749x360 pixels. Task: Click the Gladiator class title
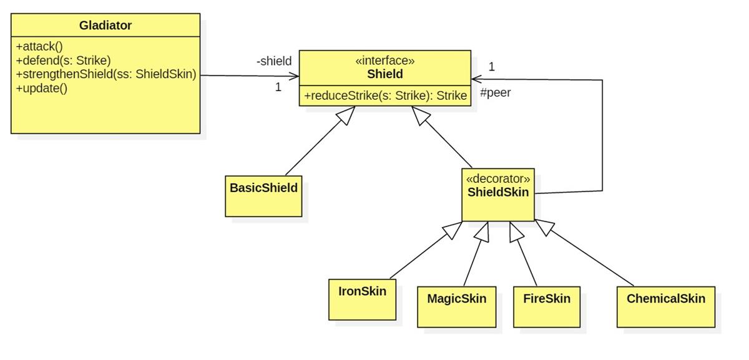105,26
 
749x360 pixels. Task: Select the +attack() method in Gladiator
39,47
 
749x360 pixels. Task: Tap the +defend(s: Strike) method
63,61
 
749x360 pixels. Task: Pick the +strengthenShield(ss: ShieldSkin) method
106,74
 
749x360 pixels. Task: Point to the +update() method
42,88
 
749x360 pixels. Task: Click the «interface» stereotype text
384,61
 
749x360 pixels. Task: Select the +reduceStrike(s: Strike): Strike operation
385,95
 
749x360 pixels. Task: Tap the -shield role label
273,61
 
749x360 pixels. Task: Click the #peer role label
495,93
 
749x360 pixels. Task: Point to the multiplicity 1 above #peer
492,67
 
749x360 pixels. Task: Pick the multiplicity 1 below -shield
278,87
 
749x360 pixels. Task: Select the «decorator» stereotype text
498,178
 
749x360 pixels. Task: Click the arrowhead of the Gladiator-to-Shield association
295,76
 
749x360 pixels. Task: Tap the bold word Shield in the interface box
384,74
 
